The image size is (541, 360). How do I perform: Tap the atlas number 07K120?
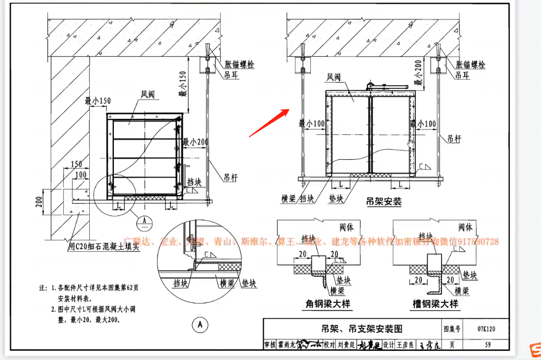tap(486, 329)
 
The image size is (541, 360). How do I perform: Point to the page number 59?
tap(488, 345)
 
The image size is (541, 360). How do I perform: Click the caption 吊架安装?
tap(383, 201)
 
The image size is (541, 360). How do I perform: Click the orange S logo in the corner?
tap(533, 350)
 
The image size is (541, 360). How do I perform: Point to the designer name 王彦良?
tap(406, 345)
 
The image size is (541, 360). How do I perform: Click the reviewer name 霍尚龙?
tap(287, 345)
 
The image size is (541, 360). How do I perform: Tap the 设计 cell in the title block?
tap(388, 345)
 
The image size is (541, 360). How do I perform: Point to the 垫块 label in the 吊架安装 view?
tap(336, 199)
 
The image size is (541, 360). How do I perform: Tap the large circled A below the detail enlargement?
tap(201, 324)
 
